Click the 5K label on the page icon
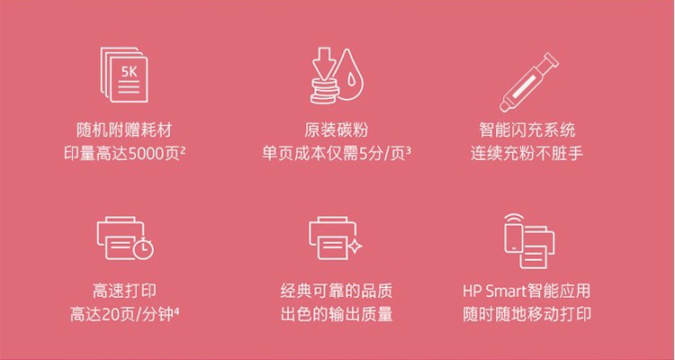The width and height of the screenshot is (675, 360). [x=129, y=72]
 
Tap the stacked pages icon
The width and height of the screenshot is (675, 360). [x=124, y=75]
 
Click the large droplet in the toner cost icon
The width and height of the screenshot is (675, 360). [x=348, y=73]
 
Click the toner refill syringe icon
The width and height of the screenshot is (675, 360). [x=528, y=82]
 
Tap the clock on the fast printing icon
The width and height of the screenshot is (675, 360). [x=144, y=248]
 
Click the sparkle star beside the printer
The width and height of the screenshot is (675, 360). [x=355, y=247]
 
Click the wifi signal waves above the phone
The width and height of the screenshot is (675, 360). [x=514, y=217]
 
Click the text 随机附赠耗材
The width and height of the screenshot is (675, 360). [x=124, y=130]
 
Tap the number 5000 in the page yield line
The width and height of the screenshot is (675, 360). [x=147, y=154]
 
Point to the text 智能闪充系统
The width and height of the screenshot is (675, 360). [x=526, y=130]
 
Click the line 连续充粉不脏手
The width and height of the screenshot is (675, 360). [x=526, y=154]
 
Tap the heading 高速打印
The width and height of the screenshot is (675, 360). [x=124, y=291]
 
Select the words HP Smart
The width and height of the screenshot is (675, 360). [x=494, y=291]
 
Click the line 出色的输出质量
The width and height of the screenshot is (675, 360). [x=337, y=314]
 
